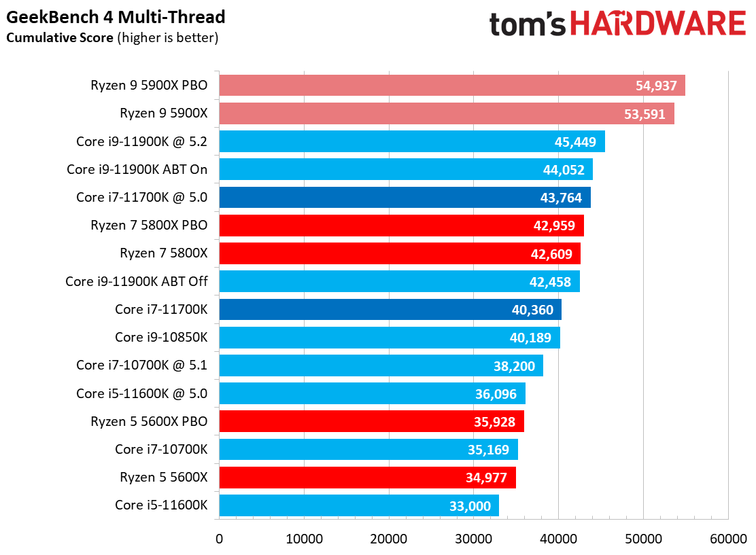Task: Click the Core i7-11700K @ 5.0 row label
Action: pyautogui.click(x=141, y=198)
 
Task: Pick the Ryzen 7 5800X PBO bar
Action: pyautogui.click(x=401, y=226)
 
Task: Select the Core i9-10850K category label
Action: pyautogui.click(x=161, y=337)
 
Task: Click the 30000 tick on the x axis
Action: pyautogui.click(x=473, y=539)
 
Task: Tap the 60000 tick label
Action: pyautogui.click(x=728, y=539)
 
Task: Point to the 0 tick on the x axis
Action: pyautogui.click(x=219, y=539)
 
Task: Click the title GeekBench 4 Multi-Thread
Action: pyautogui.click(x=116, y=17)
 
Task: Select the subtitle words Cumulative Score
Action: pyautogui.click(x=60, y=38)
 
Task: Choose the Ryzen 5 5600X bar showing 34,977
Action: pyautogui.click(x=367, y=477)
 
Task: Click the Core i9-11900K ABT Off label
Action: pyautogui.click(x=137, y=281)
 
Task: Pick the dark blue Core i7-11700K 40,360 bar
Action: pyautogui.click(x=390, y=309)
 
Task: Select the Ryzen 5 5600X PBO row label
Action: pyautogui.click(x=149, y=421)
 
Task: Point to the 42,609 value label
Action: pyautogui.click(x=551, y=254)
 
